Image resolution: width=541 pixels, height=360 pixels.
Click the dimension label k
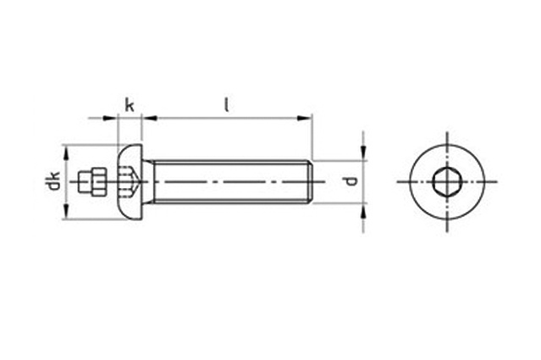click(130, 105)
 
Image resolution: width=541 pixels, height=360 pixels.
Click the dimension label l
click(226, 105)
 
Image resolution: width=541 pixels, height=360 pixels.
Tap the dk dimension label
click(54, 180)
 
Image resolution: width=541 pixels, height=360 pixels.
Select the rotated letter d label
click(351, 181)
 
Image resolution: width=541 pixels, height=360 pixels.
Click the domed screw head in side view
click(130, 182)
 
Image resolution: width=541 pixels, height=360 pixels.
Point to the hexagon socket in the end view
click(447, 181)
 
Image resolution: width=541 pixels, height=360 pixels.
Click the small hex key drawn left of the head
click(91, 181)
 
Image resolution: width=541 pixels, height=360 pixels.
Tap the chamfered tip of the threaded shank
click(310, 182)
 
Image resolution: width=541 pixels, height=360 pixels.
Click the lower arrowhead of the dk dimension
click(66, 211)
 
